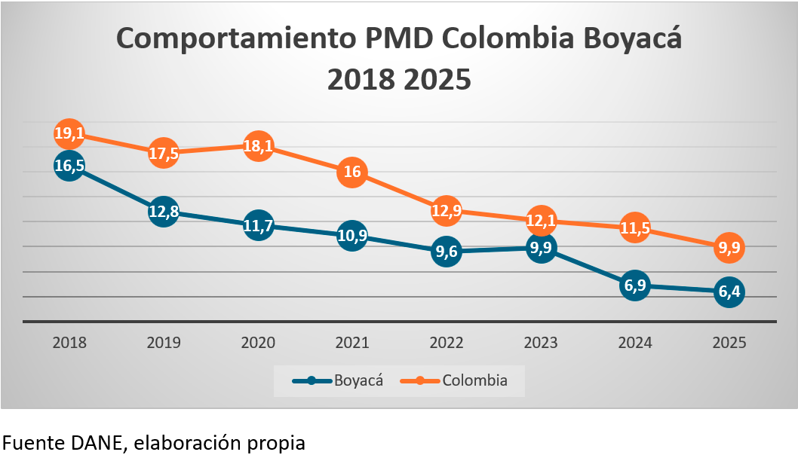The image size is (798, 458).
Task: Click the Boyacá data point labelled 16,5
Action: (x=69, y=166)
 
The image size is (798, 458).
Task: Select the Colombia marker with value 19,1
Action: (x=69, y=134)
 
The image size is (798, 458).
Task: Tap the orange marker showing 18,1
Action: (x=258, y=146)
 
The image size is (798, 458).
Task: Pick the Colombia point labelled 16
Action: (x=352, y=172)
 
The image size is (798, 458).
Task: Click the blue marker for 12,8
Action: (x=164, y=212)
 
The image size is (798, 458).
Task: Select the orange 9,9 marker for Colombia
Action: (x=729, y=247)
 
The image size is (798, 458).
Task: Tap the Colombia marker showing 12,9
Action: (x=447, y=210)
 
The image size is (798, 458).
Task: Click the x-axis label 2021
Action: (x=352, y=343)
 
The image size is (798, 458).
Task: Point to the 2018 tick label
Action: (x=69, y=343)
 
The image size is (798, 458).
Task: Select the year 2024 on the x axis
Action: (x=635, y=343)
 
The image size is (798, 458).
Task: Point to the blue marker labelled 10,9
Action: (x=352, y=236)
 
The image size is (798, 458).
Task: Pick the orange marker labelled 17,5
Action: (x=164, y=152)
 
